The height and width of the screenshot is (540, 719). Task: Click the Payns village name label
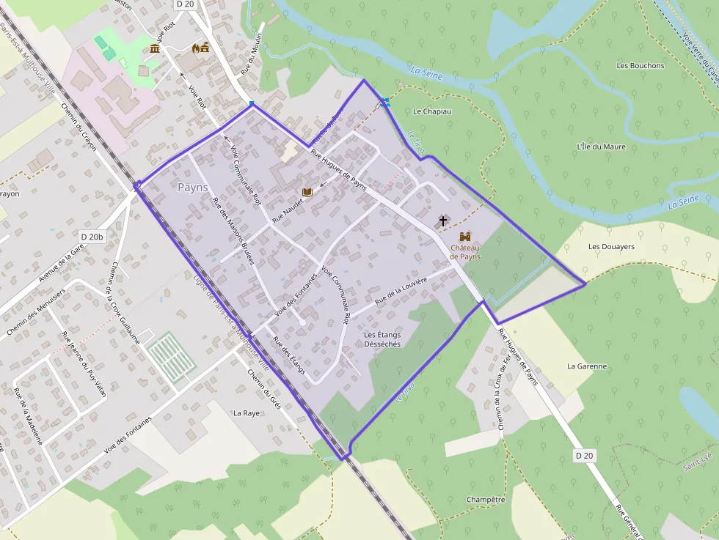193,188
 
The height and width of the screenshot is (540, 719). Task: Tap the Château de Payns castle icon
465,237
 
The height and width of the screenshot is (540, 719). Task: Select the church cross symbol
442,220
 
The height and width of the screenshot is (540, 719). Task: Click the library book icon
307,192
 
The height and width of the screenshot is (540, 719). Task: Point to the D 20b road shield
93,237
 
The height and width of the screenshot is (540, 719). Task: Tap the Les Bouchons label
640,66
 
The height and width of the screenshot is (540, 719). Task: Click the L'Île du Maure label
601,147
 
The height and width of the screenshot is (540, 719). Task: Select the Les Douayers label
611,247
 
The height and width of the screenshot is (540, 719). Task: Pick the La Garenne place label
587,366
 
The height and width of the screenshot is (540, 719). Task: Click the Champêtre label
486,500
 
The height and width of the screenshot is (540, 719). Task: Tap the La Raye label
247,413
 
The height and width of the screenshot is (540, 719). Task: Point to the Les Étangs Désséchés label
382,339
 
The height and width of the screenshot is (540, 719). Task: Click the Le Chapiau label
432,111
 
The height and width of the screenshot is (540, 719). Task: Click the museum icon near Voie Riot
155,49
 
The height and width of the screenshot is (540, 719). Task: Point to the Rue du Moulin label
251,56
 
